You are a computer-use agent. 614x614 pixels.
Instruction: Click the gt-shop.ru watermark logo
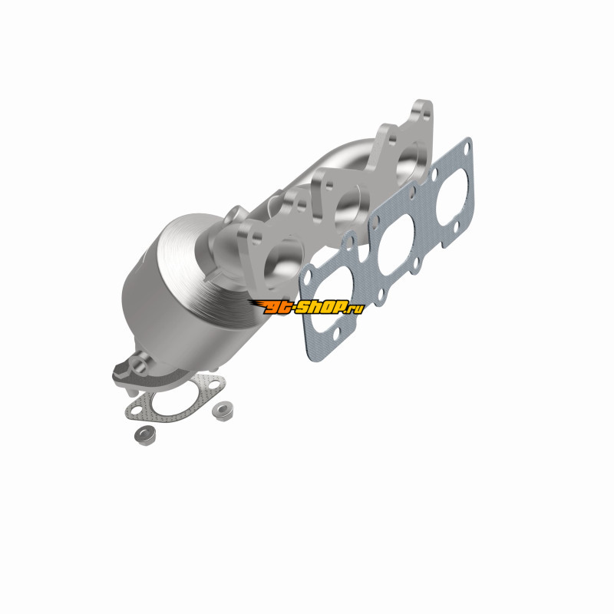click(x=306, y=306)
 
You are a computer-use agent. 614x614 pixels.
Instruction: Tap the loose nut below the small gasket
click(x=145, y=434)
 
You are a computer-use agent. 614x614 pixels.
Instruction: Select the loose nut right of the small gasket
click(x=223, y=410)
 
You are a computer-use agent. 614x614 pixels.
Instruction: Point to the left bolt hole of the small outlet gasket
click(x=136, y=411)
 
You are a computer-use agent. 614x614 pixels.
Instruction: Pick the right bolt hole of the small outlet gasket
click(x=213, y=385)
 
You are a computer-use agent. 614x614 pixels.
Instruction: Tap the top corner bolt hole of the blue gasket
click(x=466, y=147)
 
